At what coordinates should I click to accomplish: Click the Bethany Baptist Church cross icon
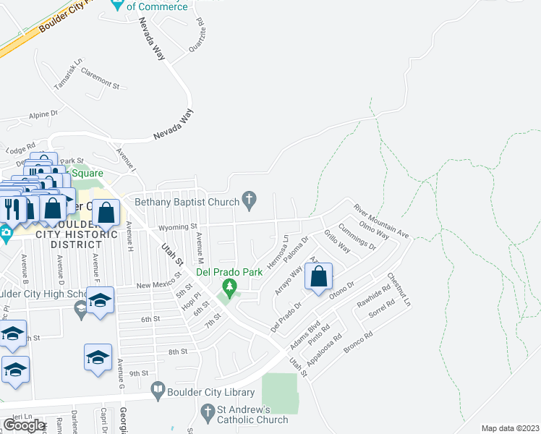(250, 199)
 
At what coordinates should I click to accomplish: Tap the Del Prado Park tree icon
(230, 289)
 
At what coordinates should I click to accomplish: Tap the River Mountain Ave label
(381, 221)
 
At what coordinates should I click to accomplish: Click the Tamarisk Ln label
(69, 75)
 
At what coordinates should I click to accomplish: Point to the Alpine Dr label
(43, 114)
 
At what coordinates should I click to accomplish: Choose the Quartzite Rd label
(196, 35)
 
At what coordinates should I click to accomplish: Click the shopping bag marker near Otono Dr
(318, 277)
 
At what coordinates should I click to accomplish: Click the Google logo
(24, 425)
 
